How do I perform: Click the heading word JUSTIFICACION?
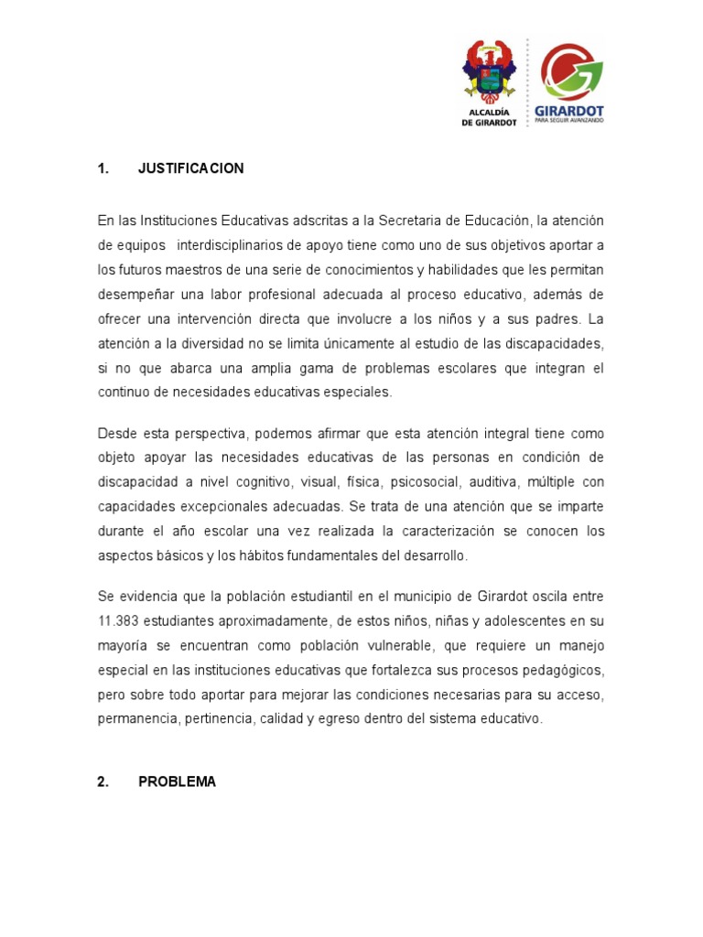190,168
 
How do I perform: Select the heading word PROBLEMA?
178,782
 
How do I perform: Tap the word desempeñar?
134,295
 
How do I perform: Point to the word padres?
557,319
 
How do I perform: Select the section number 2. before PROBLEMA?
103,782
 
